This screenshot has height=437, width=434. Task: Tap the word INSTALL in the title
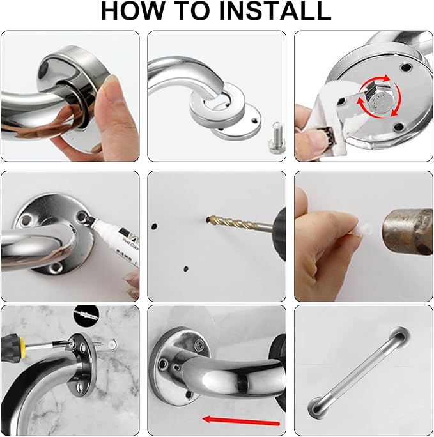pyautogui.click(x=279, y=11)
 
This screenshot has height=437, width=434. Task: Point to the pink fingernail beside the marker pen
pyautogui.click(x=132, y=279)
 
